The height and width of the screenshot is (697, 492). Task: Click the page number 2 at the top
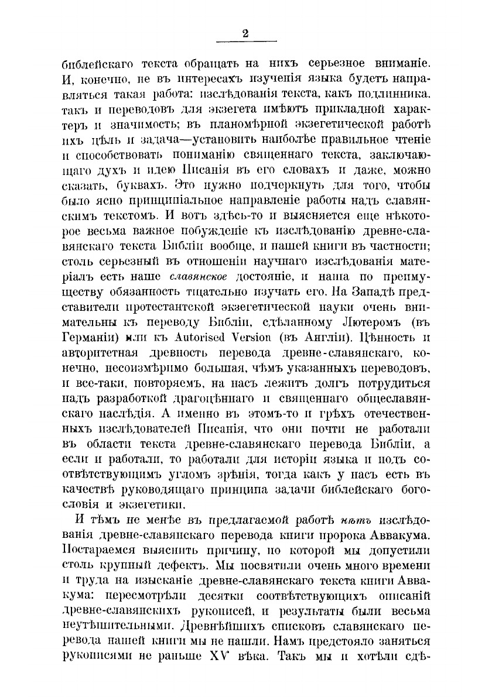(x=245, y=33)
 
